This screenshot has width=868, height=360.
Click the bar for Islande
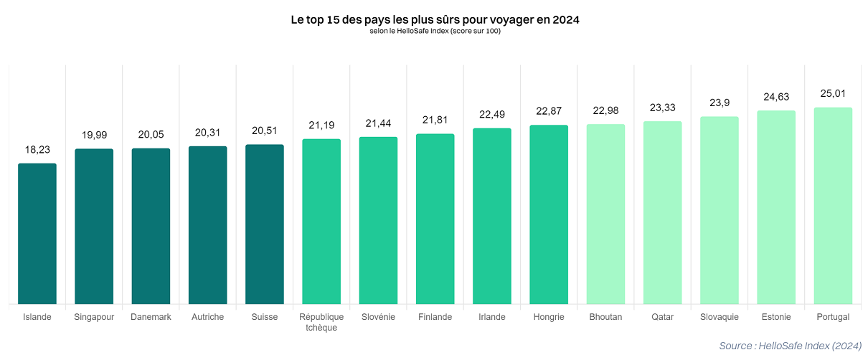[x=37, y=233]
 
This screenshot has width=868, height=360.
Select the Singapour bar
[x=94, y=226]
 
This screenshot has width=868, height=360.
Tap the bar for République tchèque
[x=321, y=221]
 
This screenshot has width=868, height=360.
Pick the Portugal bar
[x=833, y=205]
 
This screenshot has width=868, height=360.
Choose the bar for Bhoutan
[x=605, y=214]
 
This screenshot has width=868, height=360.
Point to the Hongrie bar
[x=549, y=214]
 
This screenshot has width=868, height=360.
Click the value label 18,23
[x=37, y=150]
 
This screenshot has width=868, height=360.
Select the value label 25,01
[x=833, y=94]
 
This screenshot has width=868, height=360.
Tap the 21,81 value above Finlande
[x=435, y=120]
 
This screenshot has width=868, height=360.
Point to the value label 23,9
[x=720, y=103]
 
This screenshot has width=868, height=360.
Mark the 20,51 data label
[x=265, y=131]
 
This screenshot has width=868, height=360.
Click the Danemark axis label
[x=151, y=317]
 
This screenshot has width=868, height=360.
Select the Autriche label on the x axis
[x=208, y=317]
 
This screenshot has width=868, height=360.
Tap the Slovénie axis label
[x=378, y=317]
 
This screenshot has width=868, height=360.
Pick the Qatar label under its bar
[x=662, y=317]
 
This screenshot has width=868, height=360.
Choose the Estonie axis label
[x=776, y=317]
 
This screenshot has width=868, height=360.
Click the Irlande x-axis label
[x=492, y=317]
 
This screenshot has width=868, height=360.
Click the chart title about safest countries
[x=435, y=20]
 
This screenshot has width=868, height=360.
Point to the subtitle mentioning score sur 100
[x=435, y=31]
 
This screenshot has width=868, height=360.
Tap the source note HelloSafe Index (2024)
[x=790, y=346]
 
